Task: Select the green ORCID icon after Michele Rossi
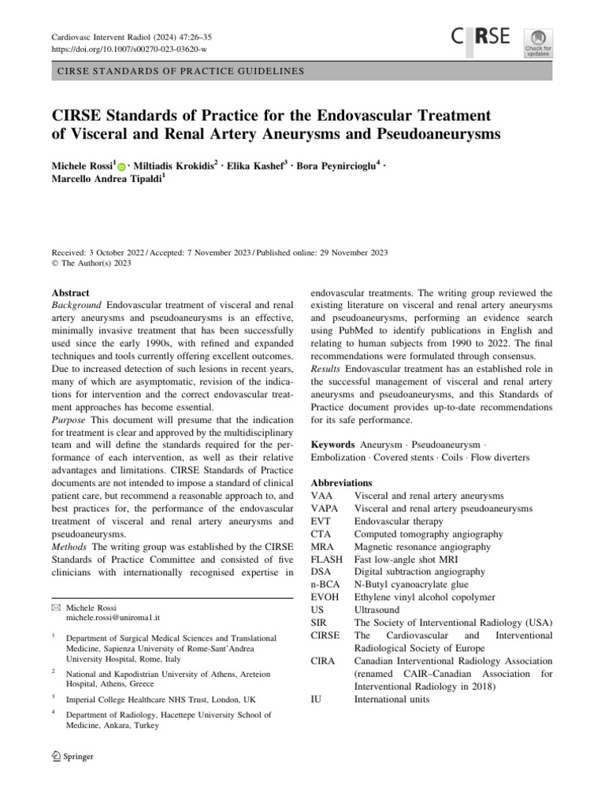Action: [121, 166]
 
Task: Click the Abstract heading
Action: [69, 292]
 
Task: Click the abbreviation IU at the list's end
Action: [317, 698]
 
